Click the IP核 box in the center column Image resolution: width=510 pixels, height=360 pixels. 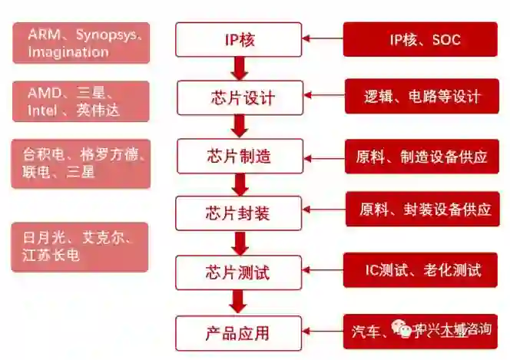(x=239, y=39)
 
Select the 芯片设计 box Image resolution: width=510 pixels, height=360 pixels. (x=239, y=98)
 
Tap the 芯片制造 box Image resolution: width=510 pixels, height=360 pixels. (x=239, y=157)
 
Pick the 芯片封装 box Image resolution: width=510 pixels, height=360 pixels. (x=239, y=213)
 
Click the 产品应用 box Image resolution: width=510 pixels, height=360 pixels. (x=239, y=333)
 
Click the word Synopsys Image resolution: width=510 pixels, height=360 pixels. (x=107, y=35)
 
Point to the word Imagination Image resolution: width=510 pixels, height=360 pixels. (x=68, y=52)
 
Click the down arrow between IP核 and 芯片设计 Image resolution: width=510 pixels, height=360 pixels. (x=239, y=68)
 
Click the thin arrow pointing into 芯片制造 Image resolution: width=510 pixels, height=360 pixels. (x=323, y=157)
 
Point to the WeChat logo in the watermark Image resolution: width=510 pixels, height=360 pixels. (x=402, y=329)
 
